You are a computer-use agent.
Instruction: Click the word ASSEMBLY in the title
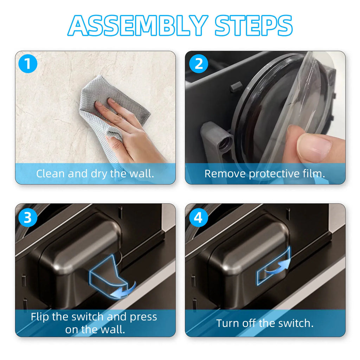click(137, 25)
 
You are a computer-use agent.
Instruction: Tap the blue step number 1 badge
click(28, 65)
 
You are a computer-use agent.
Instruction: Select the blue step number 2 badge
click(198, 65)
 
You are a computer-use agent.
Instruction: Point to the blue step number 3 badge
click(28, 218)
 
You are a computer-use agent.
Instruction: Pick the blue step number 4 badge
click(198, 218)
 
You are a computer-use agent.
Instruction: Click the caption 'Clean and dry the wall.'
click(95, 174)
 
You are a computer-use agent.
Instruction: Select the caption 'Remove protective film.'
click(265, 174)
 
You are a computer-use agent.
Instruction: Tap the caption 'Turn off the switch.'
click(265, 323)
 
